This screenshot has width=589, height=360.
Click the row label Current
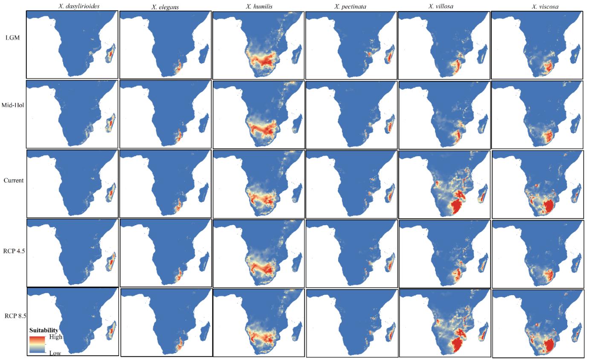tap(14, 180)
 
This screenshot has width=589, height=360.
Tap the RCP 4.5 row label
tap(13, 251)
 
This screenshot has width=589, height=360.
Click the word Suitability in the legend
tap(44, 330)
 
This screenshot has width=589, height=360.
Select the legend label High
tap(56, 337)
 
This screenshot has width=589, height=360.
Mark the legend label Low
tap(55, 353)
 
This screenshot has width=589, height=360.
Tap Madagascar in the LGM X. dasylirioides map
tap(111, 55)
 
